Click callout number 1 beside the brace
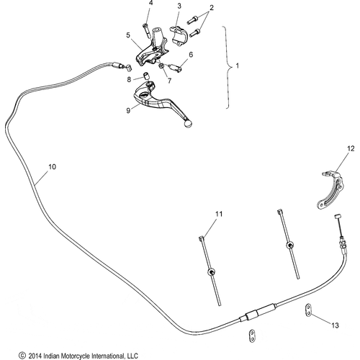point(238,66)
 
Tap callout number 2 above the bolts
point(211,8)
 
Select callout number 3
point(179,6)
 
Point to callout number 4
point(150,3)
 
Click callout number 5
point(128,35)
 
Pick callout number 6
point(191,55)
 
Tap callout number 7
point(169,81)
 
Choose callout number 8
point(129,79)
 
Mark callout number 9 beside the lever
point(128,110)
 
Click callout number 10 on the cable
point(52,166)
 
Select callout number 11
point(219,214)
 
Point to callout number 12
point(351,148)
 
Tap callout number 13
point(335,325)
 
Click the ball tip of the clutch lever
point(188,124)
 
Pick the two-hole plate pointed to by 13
point(308,310)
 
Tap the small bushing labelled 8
point(146,75)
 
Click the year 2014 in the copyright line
point(35,356)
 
